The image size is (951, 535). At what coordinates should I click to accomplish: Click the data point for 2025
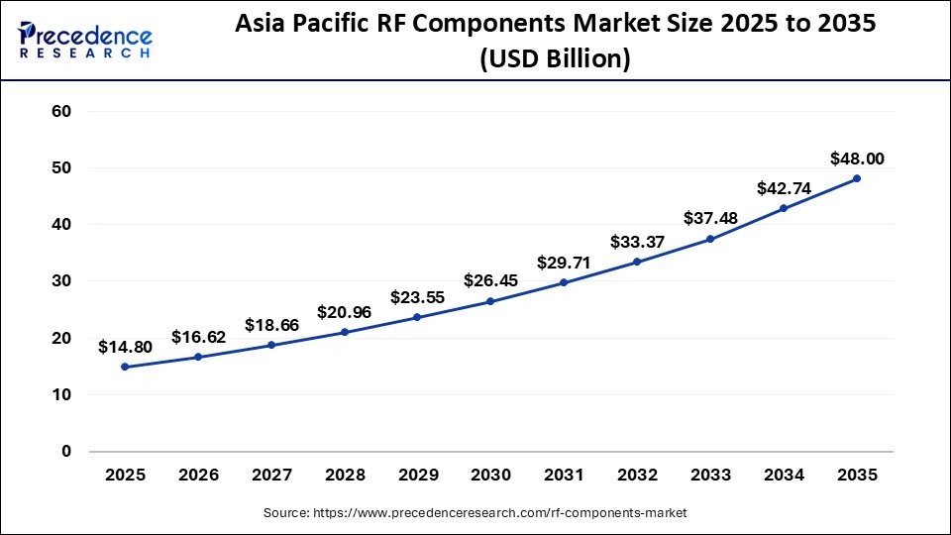(x=125, y=367)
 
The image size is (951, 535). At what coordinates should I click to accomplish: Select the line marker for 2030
(x=490, y=301)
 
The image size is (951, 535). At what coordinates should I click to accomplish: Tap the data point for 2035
(x=857, y=178)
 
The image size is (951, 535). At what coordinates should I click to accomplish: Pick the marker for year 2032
(x=637, y=262)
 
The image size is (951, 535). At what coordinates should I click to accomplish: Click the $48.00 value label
(x=857, y=158)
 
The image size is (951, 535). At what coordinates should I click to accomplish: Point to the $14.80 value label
(x=125, y=347)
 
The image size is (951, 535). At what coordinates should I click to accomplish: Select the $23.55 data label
(x=417, y=296)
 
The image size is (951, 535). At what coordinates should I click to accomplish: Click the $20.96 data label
(x=344, y=311)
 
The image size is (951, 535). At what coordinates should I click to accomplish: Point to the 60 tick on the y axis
(x=60, y=111)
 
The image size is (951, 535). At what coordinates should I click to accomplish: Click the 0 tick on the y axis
(x=66, y=452)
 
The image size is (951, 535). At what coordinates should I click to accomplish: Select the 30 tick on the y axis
(x=60, y=281)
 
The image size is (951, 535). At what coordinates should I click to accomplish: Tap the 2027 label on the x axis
(x=271, y=476)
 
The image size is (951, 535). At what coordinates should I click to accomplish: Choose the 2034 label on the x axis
(x=784, y=476)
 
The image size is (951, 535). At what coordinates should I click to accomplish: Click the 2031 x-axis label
(x=564, y=476)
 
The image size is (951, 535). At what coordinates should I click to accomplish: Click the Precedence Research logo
(x=85, y=40)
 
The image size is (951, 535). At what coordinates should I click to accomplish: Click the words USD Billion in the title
(x=555, y=58)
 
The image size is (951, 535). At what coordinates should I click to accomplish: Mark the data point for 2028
(x=344, y=332)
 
